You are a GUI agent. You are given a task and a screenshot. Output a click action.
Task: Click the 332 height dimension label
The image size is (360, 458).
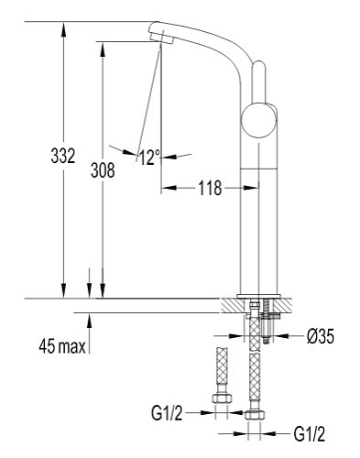[x=63, y=156]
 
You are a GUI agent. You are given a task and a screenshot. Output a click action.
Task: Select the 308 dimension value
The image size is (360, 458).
[x=103, y=170]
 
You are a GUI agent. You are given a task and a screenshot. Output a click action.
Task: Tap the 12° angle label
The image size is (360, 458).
[x=149, y=158]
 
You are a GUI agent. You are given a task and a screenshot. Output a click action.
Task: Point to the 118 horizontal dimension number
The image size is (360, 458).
[x=210, y=188]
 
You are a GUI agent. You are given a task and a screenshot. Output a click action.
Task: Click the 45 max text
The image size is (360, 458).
[x=62, y=346]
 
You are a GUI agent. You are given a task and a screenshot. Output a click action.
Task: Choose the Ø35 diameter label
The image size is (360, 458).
[x=321, y=336]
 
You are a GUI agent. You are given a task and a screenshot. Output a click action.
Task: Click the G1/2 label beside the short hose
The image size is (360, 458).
[x=167, y=413]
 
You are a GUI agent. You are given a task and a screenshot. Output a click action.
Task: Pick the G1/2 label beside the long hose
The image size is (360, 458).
[x=310, y=433]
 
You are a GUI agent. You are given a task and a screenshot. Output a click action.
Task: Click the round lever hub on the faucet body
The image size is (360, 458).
[x=258, y=120]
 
